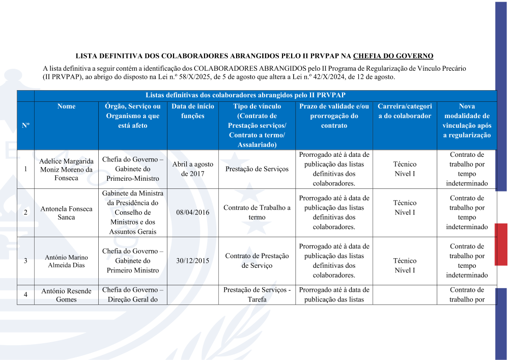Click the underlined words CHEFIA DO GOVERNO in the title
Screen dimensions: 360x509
(x=393, y=56)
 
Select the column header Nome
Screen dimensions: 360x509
(x=66, y=106)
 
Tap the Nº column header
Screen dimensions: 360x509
(x=25, y=126)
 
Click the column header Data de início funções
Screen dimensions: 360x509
(x=193, y=111)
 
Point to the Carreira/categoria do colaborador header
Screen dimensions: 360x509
(x=405, y=111)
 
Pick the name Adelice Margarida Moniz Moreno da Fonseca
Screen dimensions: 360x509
(x=66, y=170)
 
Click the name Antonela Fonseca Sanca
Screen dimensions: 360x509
(x=66, y=213)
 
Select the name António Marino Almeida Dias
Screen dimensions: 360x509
(x=66, y=261)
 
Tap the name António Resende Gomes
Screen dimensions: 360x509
(x=66, y=295)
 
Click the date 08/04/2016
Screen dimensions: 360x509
(x=193, y=213)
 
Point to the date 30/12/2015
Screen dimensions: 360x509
(x=193, y=261)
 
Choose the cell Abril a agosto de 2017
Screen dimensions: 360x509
(x=193, y=169)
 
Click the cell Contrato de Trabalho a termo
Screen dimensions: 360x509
(x=257, y=212)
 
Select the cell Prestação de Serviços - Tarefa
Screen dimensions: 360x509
(x=257, y=295)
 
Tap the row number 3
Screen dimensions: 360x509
(x=25, y=261)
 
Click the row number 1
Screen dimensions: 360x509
(x=25, y=169)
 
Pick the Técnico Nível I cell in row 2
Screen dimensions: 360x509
(x=405, y=208)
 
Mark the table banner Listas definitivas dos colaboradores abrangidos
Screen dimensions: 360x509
(x=246, y=95)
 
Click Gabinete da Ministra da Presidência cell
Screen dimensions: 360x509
(x=132, y=213)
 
